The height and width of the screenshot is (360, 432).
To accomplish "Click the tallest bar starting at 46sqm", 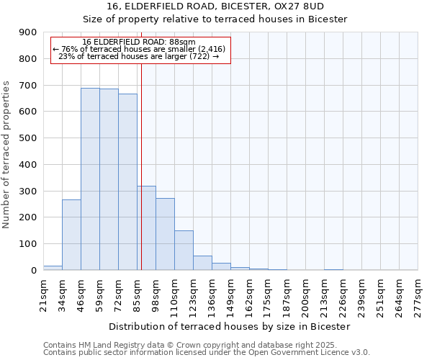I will click(x=90, y=179).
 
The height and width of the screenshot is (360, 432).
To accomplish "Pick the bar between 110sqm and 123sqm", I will click(x=184, y=251).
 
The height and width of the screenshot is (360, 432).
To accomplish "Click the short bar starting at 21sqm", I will click(x=53, y=268).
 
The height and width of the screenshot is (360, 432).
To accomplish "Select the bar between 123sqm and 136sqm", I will click(x=202, y=263).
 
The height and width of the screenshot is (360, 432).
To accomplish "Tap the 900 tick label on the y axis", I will click(x=28, y=32).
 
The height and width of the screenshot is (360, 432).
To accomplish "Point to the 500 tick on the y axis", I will click(x=28, y=138).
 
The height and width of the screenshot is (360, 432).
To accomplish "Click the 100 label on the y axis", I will click(x=28, y=244).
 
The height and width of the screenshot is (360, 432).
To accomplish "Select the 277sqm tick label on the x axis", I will click(x=418, y=295).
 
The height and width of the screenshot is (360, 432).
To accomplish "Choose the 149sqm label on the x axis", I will click(x=231, y=295).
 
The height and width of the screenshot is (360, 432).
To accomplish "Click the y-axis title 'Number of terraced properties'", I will click(x=7, y=155).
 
